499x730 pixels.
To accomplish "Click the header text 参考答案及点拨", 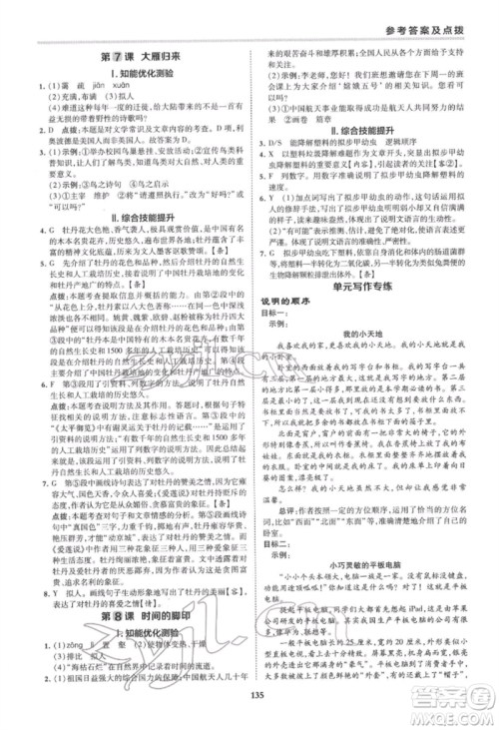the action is pyautogui.click(x=440, y=23).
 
